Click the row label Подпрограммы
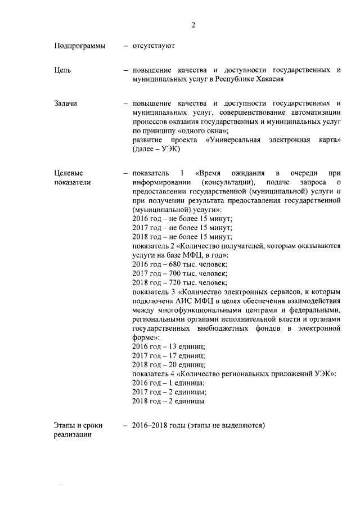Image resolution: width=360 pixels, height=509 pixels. tap(79, 46)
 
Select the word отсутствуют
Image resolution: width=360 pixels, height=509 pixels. tap(154, 46)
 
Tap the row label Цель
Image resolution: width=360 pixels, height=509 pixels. tap(62, 70)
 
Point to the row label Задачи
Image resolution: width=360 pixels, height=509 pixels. tap(66, 103)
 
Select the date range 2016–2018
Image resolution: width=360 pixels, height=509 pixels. tap(151, 426)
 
